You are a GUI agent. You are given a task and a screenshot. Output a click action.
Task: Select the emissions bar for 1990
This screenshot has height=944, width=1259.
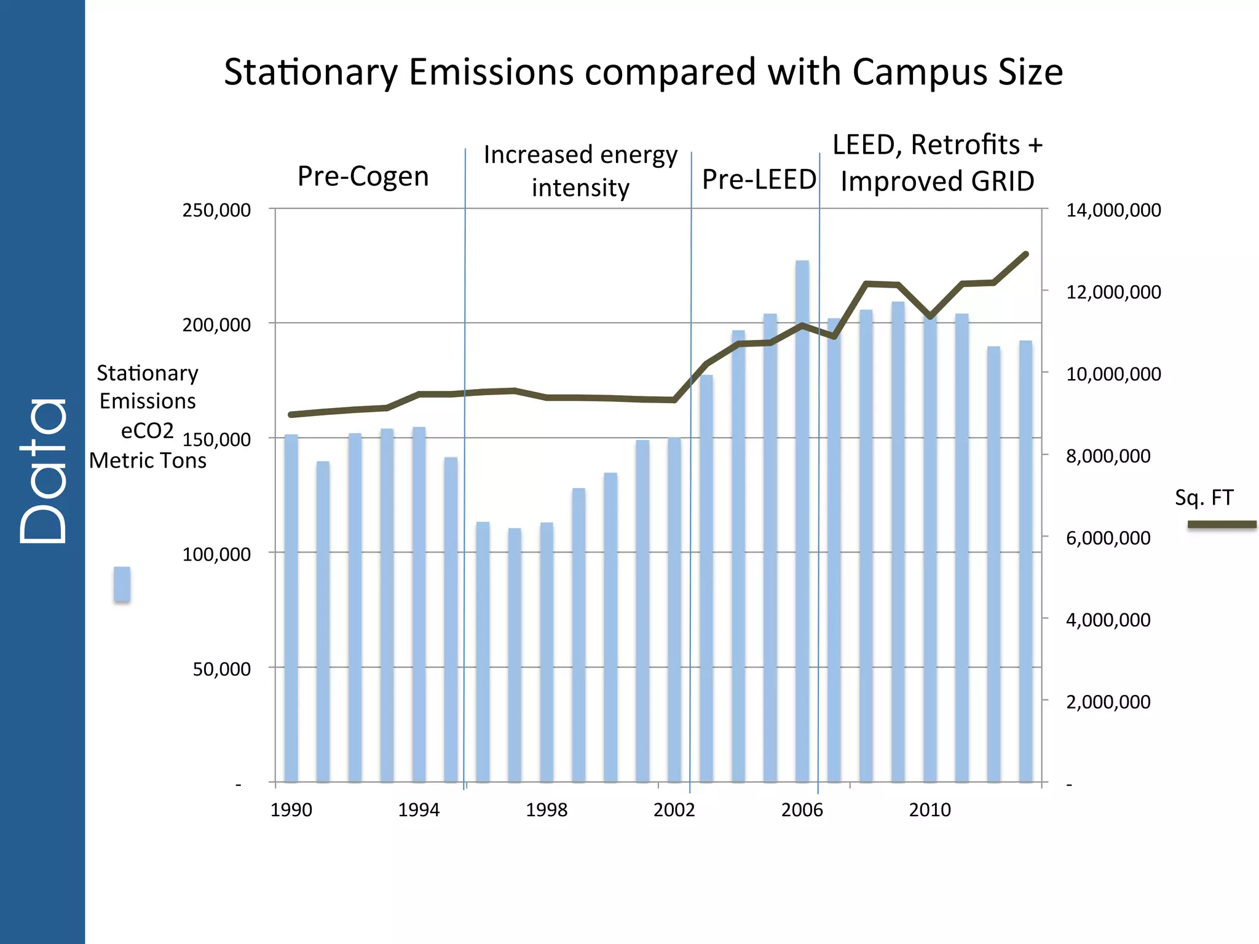tap(291, 608)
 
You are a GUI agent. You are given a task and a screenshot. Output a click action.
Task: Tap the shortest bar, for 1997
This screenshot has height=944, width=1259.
tap(515, 655)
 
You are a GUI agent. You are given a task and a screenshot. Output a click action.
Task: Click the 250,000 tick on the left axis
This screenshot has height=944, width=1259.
tap(216, 210)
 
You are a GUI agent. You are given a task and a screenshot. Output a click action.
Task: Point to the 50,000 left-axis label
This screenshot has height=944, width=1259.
tap(221, 669)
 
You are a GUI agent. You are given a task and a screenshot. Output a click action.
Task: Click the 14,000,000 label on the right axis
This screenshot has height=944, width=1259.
tap(1113, 210)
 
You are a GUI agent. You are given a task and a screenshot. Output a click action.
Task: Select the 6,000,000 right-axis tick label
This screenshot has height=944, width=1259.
tap(1108, 538)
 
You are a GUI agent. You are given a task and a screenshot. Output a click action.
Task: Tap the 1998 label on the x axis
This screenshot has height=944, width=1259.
tap(547, 810)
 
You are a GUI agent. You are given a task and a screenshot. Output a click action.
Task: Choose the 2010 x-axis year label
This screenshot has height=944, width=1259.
tap(929, 810)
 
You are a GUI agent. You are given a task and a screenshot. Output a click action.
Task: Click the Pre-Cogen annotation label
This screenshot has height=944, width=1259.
tap(363, 177)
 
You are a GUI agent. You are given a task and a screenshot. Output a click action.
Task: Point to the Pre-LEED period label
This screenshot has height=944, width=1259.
tap(759, 180)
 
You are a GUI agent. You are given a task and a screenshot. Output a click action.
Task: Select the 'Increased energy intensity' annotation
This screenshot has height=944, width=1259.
tap(580, 171)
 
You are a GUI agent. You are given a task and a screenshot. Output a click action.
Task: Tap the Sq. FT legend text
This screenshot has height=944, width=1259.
tap(1204, 497)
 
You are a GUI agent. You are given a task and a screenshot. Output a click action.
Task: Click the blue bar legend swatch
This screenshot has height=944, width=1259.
tap(122, 584)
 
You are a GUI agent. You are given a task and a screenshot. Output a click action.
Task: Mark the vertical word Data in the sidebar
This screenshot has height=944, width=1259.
tap(43, 470)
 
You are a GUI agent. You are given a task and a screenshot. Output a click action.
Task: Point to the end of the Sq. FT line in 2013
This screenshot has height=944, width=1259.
tap(1025, 254)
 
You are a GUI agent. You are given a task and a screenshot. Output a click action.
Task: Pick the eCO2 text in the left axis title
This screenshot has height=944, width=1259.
tap(148, 431)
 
